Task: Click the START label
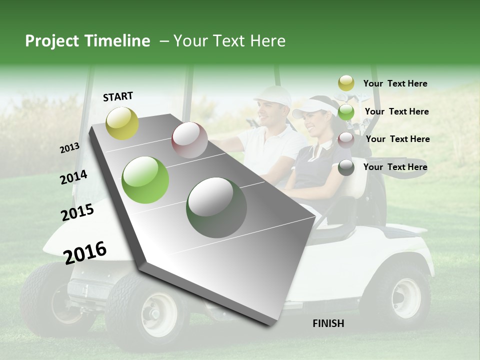click(x=118, y=96)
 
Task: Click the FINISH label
click(x=328, y=323)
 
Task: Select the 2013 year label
click(x=69, y=148)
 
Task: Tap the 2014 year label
click(x=73, y=177)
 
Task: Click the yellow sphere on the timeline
click(x=122, y=123)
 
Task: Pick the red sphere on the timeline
click(x=189, y=140)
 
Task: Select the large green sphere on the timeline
click(x=145, y=180)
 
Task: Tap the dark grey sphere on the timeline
click(x=216, y=207)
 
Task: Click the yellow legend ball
click(x=346, y=83)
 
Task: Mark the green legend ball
click(x=346, y=111)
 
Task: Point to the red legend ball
click(x=346, y=139)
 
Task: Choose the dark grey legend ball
click(x=346, y=167)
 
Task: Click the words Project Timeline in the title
click(x=87, y=41)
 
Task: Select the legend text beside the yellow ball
click(x=395, y=83)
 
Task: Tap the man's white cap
click(x=274, y=95)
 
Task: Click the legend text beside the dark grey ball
click(x=395, y=167)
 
